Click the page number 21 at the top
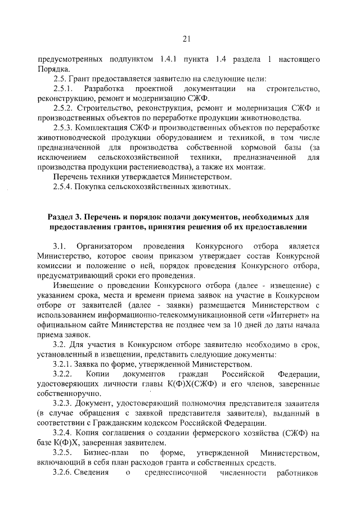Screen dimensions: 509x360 point(187,38)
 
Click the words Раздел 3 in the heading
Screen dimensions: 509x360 point(67,217)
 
